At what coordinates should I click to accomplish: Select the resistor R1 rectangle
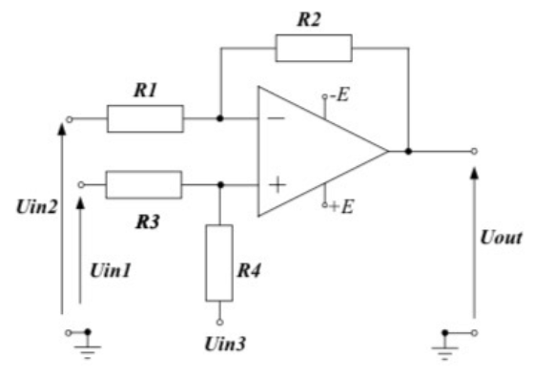click(x=144, y=119)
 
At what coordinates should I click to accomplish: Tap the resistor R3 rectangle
click(x=143, y=184)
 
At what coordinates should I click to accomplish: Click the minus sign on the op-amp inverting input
click(x=276, y=119)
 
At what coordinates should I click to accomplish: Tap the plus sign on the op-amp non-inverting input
click(x=276, y=184)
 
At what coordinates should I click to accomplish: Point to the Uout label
click(x=502, y=237)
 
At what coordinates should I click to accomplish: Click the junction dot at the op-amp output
click(x=408, y=151)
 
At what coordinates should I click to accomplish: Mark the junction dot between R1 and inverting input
click(x=220, y=119)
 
